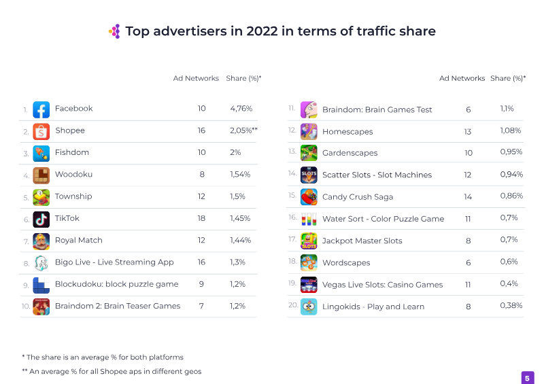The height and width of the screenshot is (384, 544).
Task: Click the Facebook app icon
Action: pos(41,109)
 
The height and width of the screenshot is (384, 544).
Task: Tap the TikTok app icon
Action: pos(41,219)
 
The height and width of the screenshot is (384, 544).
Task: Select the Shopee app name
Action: pos(69,130)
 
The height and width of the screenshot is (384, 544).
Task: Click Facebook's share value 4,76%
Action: pos(241,109)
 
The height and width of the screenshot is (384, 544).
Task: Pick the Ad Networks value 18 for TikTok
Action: pos(201,218)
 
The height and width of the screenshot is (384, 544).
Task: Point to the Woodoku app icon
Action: pos(41,175)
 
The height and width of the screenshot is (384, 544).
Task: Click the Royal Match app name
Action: pos(78,240)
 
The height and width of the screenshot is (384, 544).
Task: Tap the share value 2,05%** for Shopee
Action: pos(243,130)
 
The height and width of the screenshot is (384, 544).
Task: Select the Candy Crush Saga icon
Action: pos(309,197)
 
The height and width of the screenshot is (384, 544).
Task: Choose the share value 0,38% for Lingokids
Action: pos(511,306)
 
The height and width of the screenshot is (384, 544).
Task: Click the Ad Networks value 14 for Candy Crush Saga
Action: pos(468,196)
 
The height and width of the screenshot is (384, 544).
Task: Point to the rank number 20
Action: pos(293,305)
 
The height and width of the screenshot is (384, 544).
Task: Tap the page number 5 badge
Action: pos(527,378)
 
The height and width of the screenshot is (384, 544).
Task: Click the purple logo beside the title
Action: pos(114,31)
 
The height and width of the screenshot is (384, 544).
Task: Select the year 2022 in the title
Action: pos(262,31)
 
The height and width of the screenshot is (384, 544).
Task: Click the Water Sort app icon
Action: pos(309,219)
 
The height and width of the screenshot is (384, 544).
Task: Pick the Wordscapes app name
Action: pos(345,262)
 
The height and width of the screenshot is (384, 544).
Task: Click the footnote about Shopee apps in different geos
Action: pos(112,371)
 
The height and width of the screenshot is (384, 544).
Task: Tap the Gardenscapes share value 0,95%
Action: pos(511,152)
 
